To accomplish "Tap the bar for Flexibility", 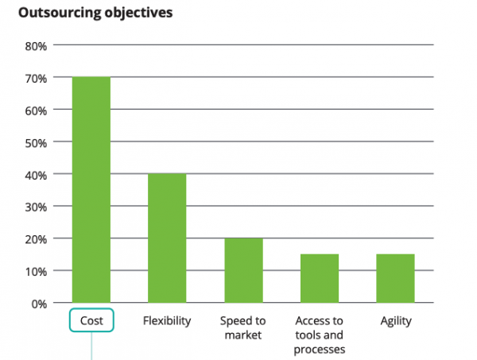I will [167, 238].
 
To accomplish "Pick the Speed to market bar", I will [243, 270].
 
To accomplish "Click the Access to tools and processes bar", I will [320, 278].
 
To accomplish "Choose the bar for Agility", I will [395, 278].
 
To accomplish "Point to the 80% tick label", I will [37, 46].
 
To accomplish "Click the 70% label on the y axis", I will [37, 78].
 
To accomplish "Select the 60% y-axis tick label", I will [37, 110].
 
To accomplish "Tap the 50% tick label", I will [37, 142].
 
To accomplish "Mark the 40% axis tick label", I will [37, 174].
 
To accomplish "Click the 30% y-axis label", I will [37, 207].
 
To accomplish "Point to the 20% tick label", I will [37, 238].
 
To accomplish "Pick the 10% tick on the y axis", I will [37, 271].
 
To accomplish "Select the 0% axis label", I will [40, 303].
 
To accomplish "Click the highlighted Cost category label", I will [91, 321].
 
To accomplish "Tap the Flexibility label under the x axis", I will [167, 321].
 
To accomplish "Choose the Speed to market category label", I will [243, 327].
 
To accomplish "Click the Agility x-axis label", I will [395, 321].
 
